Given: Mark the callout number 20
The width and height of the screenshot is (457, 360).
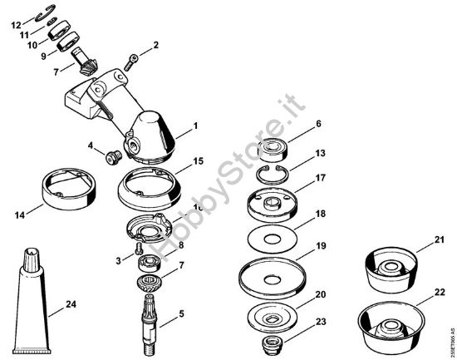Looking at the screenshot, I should (320, 293).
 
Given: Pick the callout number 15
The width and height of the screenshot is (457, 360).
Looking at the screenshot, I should (197, 160).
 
